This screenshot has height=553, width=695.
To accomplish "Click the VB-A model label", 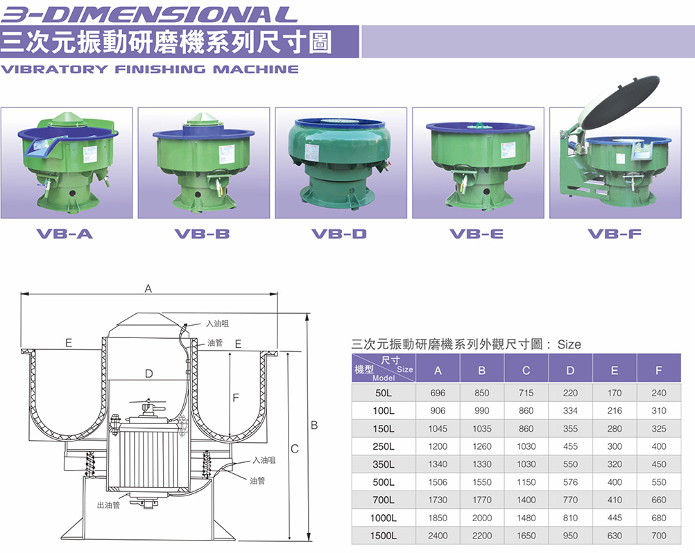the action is (65, 234).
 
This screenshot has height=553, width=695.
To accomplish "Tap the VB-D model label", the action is (339, 234).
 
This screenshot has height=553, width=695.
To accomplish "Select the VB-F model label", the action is (615, 234).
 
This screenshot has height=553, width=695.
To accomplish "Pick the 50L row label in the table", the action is (384, 393).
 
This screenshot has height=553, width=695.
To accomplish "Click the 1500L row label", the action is (384, 536).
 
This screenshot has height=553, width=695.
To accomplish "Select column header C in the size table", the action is (526, 370).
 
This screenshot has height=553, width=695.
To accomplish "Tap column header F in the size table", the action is (659, 370).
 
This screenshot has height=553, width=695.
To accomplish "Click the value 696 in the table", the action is (438, 393).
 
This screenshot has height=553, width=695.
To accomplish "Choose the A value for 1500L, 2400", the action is (438, 536).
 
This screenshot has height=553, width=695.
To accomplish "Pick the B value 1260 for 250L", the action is (482, 446).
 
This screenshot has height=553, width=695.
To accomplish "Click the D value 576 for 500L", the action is (570, 482).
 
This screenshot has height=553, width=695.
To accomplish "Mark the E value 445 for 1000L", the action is (615, 518).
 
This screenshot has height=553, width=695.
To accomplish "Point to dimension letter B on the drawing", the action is (314, 425).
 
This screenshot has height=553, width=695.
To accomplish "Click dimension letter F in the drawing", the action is (235, 398).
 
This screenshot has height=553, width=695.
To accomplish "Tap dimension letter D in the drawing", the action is (149, 374).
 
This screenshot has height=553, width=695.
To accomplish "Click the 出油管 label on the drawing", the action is (108, 504).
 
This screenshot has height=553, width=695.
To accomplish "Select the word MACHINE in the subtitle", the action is (256, 69).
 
